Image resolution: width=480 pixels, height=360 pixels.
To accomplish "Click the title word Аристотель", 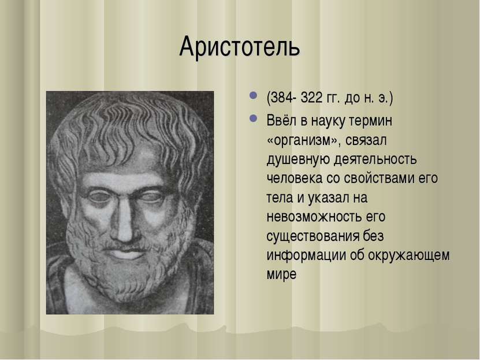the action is [240, 47].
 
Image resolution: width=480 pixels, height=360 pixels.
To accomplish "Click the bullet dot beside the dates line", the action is [253, 95].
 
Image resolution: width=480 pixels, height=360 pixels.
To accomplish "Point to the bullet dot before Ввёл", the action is [253, 118].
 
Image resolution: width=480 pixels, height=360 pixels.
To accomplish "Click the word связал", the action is [366, 140].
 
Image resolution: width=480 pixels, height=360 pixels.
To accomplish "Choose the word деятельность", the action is [375, 159].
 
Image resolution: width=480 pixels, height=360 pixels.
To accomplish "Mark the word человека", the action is [294, 179].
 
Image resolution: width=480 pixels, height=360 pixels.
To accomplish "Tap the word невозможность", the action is [314, 217].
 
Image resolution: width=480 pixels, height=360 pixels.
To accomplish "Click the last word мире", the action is [281, 274].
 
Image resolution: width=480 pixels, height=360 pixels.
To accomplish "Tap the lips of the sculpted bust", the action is [126, 253].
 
